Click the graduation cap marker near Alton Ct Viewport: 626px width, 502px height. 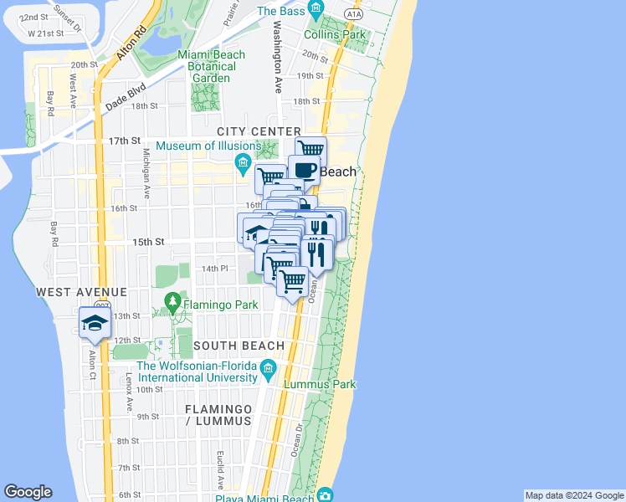tap(95, 324)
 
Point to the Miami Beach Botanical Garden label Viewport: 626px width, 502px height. tap(212, 66)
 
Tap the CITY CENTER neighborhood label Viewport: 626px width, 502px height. tap(259, 131)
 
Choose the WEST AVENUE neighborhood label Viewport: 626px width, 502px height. tap(81, 292)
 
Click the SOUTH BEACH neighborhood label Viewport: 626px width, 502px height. tap(239, 346)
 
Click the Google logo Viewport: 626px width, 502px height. tap(28, 492)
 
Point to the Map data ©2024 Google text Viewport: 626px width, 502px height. tap(573, 495)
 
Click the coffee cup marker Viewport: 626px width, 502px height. tap(304, 170)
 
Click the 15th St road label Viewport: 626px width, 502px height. tap(147, 242)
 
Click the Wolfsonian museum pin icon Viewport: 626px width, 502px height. tap(268, 368)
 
